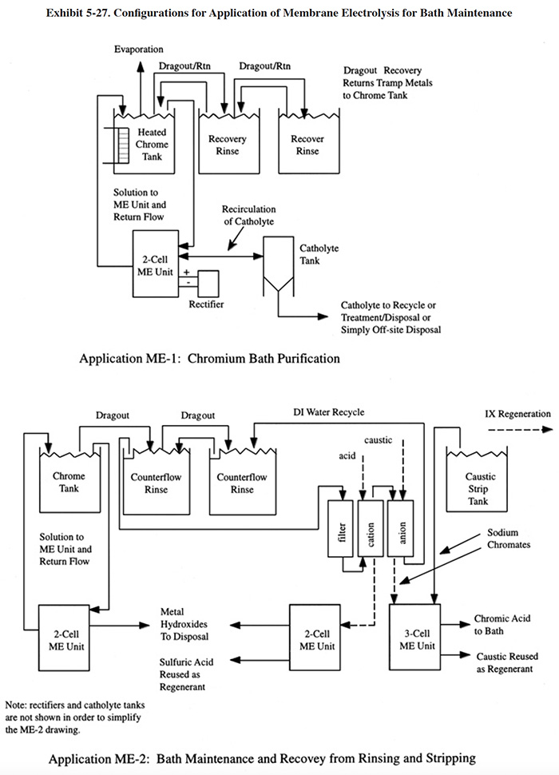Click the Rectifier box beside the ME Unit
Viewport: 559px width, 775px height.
(x=208, y=283)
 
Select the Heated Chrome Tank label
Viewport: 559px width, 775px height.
(x=152, y=145)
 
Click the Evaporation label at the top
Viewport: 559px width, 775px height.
(x=139, y=50)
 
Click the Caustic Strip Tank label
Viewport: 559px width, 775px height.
(x=479, y=489)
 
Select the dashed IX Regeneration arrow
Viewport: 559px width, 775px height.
(x=520, y=430)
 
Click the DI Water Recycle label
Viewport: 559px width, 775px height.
(x=329, y=412)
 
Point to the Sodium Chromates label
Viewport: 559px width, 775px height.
(x=508, y=539)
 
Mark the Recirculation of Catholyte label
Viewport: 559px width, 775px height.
(x=249, y=216)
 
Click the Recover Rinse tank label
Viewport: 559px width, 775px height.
(x=307, y=145)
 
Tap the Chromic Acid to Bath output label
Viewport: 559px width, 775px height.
(x=502, y=625)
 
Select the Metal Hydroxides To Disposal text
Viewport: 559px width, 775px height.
(x=184, y=624)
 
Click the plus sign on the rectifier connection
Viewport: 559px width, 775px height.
(x=187, y=272)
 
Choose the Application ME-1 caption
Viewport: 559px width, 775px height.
(x=209, y=359)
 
